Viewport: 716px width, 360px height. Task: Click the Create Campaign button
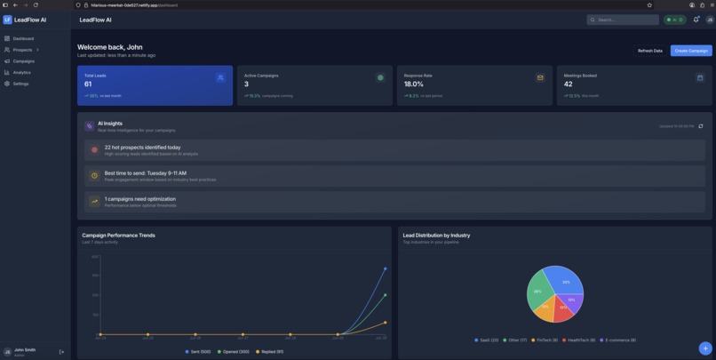[690, 51]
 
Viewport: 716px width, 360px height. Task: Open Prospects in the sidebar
[22, 50]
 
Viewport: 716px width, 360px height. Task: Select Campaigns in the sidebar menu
[23, 61]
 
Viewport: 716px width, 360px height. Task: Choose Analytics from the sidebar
[21, 72]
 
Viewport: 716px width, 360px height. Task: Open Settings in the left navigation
[20, 84]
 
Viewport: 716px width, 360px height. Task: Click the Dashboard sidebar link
[23, 38]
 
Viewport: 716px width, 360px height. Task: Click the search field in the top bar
[625, 20]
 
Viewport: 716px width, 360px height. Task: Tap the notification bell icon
[696, 20]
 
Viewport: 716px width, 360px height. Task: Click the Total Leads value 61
[88, 84]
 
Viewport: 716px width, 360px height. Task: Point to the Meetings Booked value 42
[569, 84]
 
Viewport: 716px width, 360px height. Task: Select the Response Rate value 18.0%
[414, 84]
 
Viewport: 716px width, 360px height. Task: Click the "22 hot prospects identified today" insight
[142, 148]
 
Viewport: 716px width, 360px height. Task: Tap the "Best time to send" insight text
[145, 173]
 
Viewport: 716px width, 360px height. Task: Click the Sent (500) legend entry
[198, 352]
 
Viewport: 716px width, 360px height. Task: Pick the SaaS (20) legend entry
[488, 340]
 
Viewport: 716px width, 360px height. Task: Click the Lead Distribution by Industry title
[436, 236]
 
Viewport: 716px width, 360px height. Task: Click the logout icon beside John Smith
[61, 352]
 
